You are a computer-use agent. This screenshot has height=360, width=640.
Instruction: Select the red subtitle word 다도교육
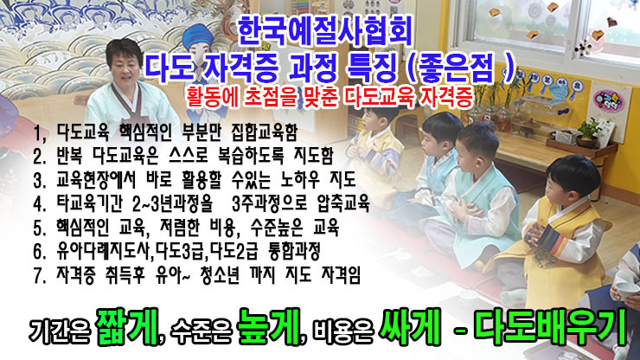click(x=379, y=98)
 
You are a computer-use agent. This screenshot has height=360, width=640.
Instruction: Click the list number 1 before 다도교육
click(x=39, y=133)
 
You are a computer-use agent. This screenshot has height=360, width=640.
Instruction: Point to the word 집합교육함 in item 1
click(x=265, y=132)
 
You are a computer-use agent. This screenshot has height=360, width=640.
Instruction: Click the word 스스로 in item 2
click(x=189, y=155)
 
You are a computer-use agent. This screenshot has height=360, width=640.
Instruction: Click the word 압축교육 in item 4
click(x=342, y=203)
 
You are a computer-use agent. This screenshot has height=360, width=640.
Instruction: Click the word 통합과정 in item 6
click(x=294, y=251)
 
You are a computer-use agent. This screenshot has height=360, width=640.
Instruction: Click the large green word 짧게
click(x=127, y=327)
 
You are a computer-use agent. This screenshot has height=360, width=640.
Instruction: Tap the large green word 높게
click(x=269, y=327)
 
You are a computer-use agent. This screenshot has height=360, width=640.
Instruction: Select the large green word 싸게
click(x=409, y=327)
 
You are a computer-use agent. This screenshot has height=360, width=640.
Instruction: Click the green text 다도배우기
click(x=551, y=326)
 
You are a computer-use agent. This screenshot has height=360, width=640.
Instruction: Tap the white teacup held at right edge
click(x=627, y=290)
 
